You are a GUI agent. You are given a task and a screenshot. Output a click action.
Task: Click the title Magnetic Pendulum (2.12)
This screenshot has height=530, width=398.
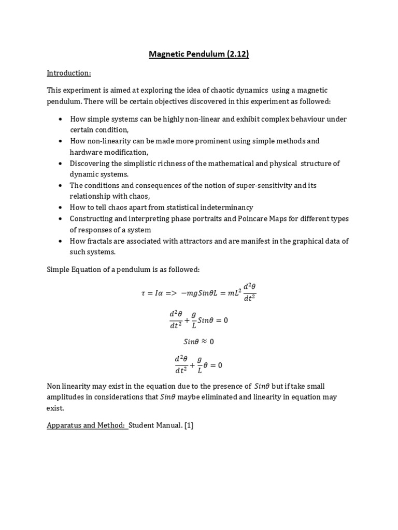point(199,54)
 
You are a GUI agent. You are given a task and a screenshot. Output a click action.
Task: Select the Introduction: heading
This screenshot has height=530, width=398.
point(68,73)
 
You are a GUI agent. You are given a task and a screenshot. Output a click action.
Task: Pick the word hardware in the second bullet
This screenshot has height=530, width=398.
point(87,152)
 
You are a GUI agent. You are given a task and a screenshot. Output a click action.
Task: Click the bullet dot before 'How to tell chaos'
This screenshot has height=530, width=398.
point(62,208)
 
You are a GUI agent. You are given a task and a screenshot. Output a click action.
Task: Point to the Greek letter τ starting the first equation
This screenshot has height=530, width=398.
point(143,293)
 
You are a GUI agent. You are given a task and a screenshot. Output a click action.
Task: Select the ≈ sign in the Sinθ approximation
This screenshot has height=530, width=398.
point(204,342)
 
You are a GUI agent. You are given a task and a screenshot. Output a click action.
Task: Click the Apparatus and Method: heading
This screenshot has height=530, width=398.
point(87,425)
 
